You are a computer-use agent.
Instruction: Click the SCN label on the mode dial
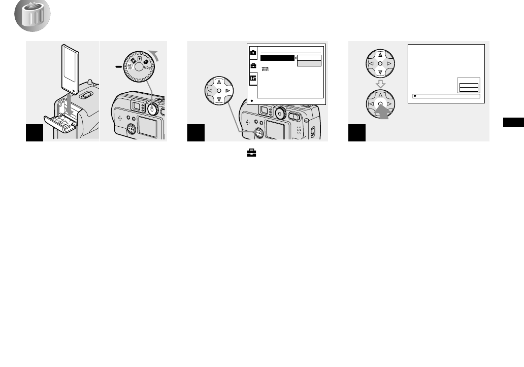[x=147, y=65]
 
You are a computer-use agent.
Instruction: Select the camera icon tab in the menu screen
[x=252, y=52]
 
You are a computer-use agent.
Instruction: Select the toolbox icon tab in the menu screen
[x=252, y=65]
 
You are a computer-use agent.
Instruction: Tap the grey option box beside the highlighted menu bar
[x=309, y=64]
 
